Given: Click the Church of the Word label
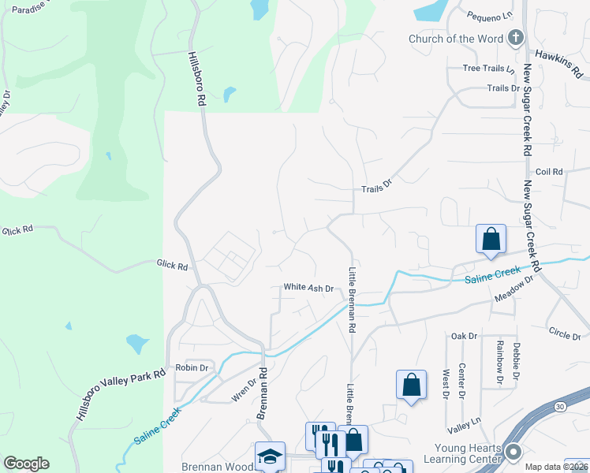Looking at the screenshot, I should coord(454,39).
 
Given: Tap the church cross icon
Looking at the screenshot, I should coord(514,37).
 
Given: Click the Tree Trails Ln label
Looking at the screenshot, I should coord(488,69).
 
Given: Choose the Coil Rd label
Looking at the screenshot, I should coord(548,171).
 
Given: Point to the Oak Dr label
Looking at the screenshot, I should coord(465,336).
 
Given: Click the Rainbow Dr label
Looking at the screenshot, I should coord(499,363).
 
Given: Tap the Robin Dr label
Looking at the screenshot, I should coord(192,367).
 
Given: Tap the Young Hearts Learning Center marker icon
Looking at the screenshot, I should coord(513,452).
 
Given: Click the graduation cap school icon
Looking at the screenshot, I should coord(270,456).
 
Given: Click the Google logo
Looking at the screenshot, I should coord(26,464).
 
